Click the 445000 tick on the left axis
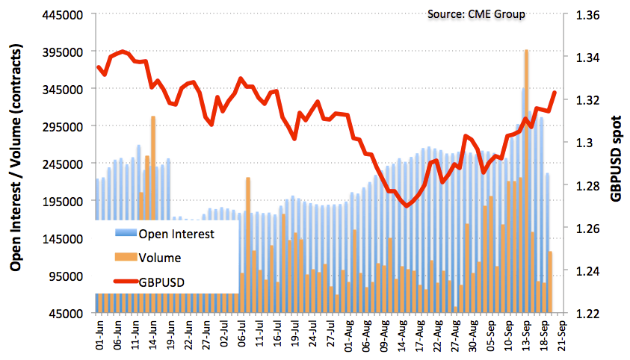coord(64,14)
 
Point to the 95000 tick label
coord(67,276)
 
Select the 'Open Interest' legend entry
coord(176,234)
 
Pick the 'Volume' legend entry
coord(159,258)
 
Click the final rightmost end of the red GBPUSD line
coord(555,93)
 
